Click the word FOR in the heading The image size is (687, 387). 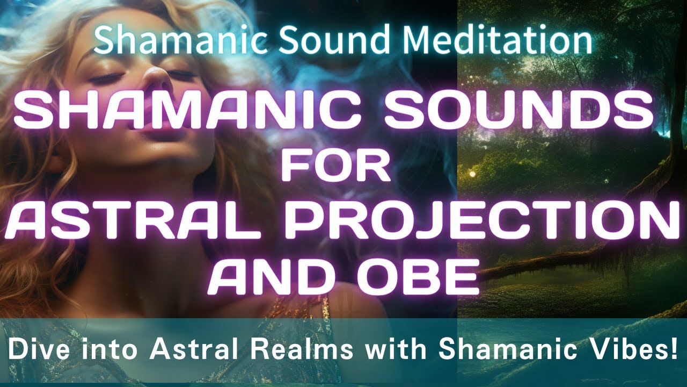click(x=337, y=167)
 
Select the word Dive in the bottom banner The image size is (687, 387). click(x=32, y=350)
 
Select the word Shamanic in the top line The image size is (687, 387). click(x=180, y=40)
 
